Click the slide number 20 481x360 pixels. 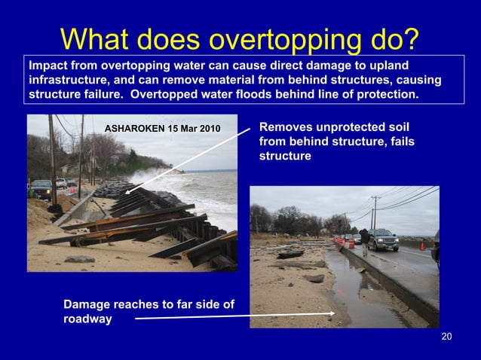tap(446, 337)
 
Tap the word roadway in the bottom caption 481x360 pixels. tap(87, 319)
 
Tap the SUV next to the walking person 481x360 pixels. tap(384, 239)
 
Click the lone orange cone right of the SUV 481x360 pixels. tap(422, 246)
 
